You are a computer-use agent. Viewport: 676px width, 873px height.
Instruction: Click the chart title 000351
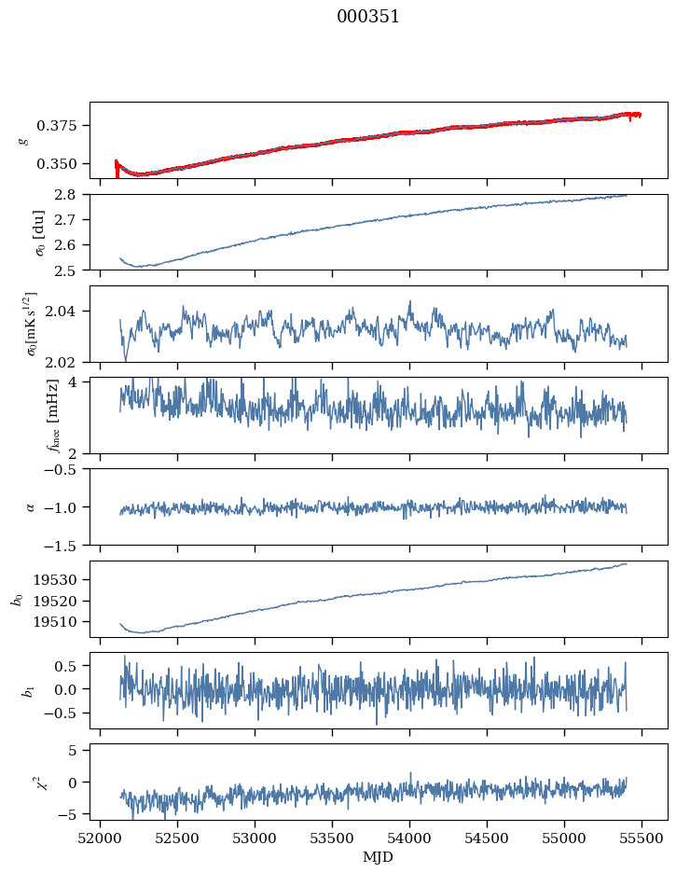(368, 17)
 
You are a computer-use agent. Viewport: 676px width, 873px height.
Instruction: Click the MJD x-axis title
(379, 857)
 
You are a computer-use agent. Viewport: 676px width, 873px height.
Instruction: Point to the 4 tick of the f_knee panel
(78, 382)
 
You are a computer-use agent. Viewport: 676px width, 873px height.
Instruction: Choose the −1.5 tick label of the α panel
(65, 545)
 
